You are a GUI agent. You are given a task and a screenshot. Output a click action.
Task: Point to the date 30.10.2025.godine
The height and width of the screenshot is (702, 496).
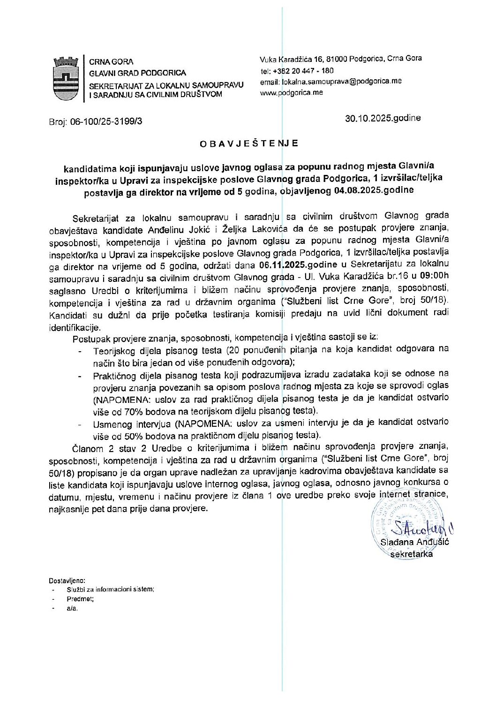383,118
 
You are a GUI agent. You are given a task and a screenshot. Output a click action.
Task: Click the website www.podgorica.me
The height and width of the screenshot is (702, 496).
291,92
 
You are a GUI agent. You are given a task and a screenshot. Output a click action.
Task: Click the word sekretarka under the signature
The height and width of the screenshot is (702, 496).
411,554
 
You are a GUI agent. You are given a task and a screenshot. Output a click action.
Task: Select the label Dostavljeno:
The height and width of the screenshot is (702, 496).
67,580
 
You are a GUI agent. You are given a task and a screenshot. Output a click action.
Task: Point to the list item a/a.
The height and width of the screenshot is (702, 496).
72,608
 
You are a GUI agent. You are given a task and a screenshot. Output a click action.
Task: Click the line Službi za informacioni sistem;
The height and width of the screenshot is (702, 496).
110,589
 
